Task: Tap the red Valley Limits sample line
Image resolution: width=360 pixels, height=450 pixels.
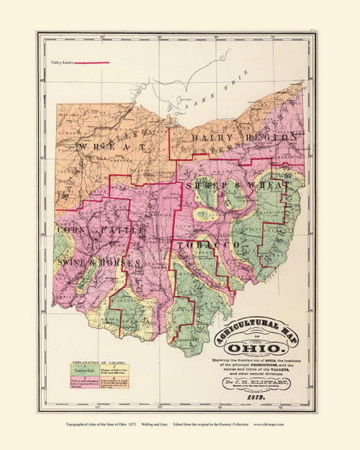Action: pyautogui.click(x=91, y=63)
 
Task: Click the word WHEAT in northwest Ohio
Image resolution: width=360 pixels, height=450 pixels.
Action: pyautogui.click(x=113, y=146)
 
